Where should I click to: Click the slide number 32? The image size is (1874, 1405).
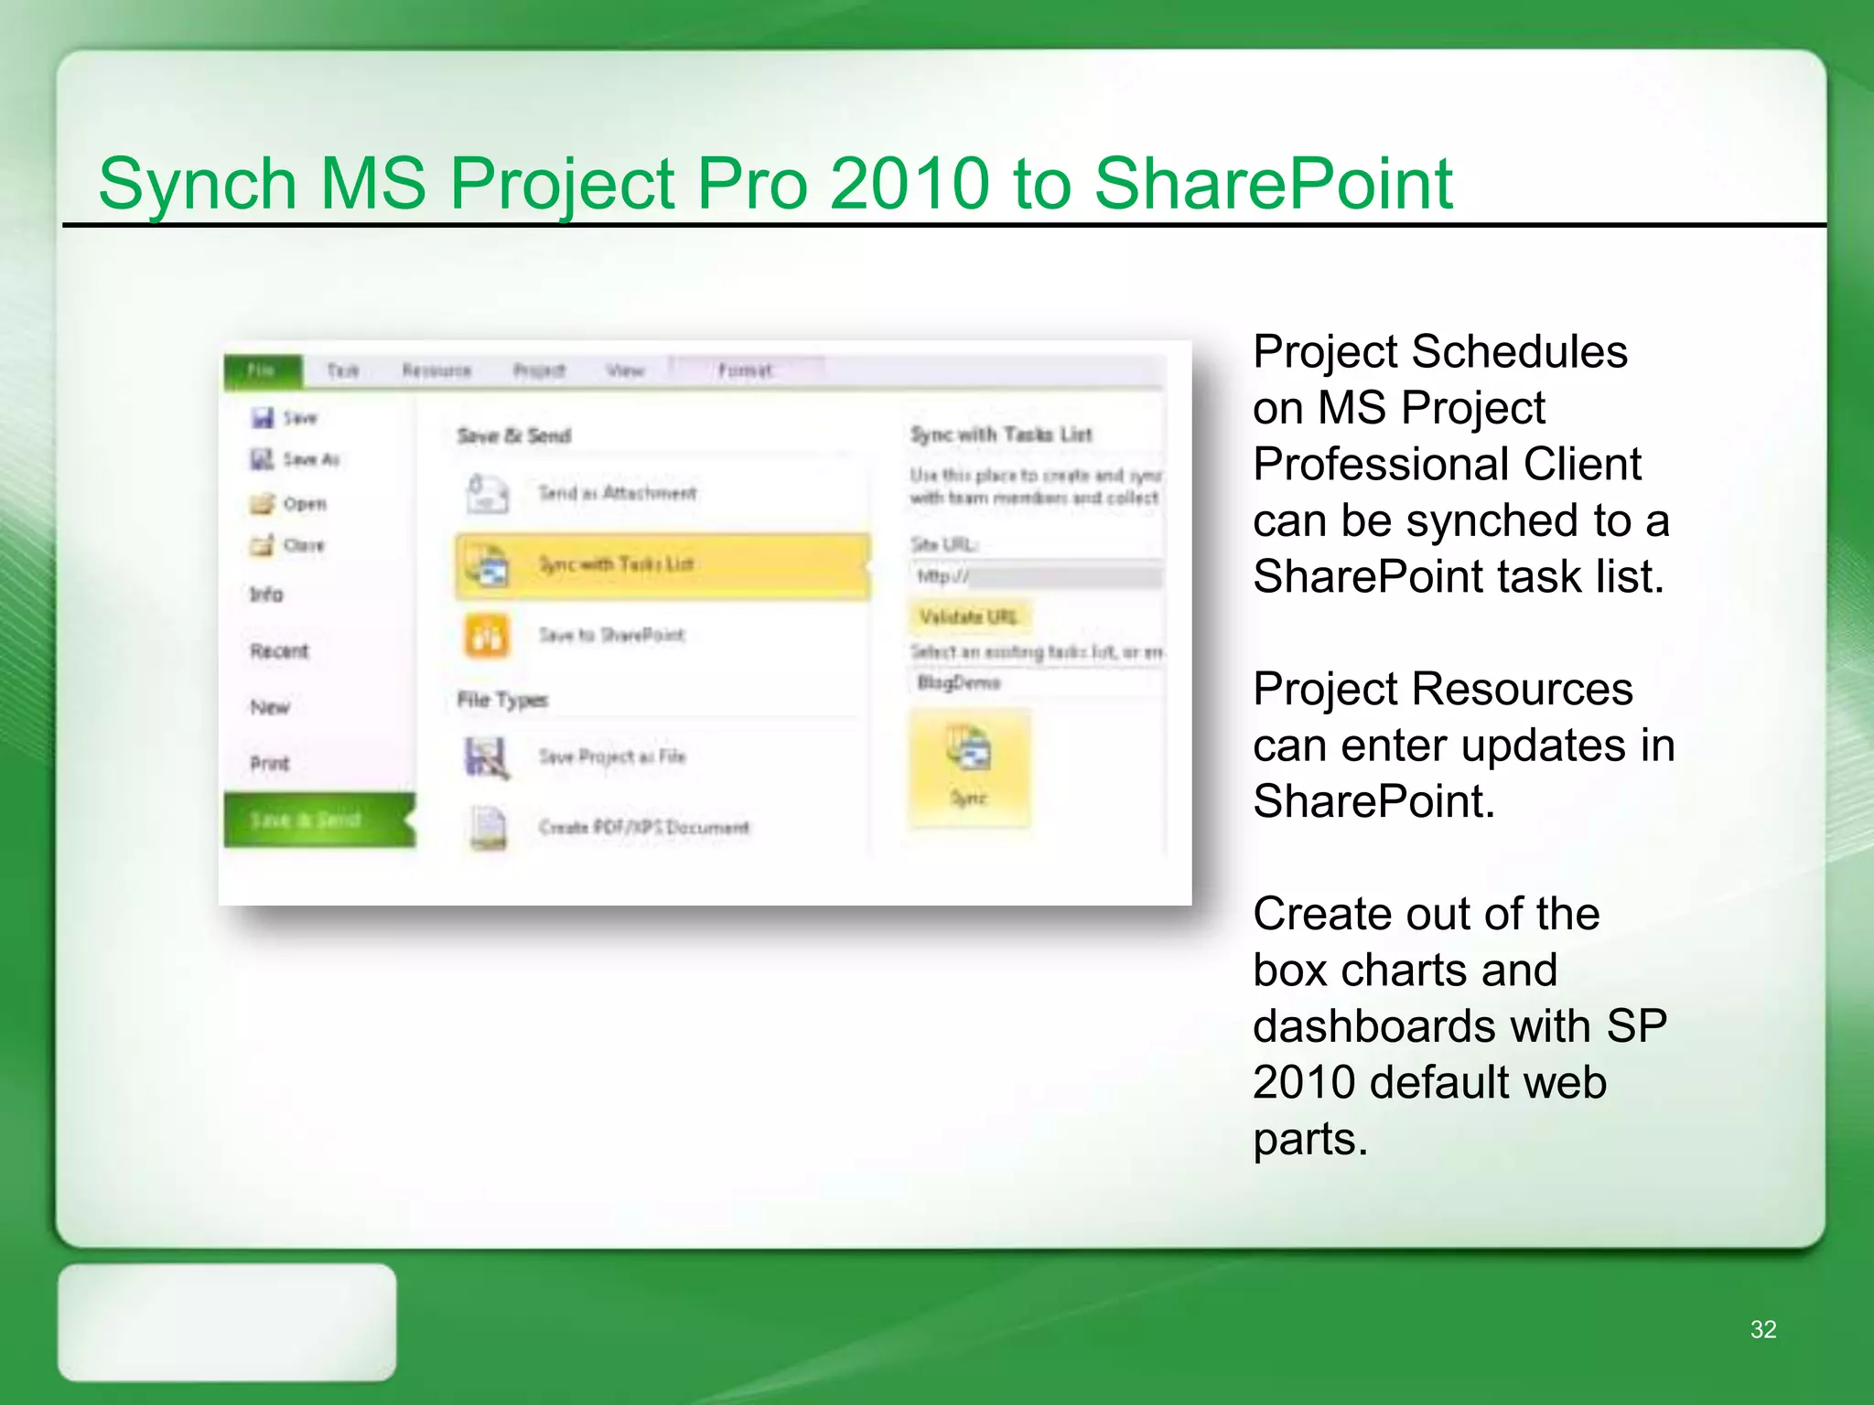[1762, 1329]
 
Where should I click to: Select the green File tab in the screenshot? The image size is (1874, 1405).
[262, 370]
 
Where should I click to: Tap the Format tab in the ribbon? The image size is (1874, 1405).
[745, 370]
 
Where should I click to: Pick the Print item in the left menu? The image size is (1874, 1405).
[270, 763]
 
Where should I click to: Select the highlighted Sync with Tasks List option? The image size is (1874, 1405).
[661, 564]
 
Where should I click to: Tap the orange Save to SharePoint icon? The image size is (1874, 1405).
[487, 636]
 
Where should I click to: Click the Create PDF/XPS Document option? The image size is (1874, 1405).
[643, 828]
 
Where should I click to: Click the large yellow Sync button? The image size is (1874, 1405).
[970, 768]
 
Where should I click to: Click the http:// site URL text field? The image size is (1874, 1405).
[1039, 576]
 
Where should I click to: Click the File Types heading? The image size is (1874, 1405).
[502, 701]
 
